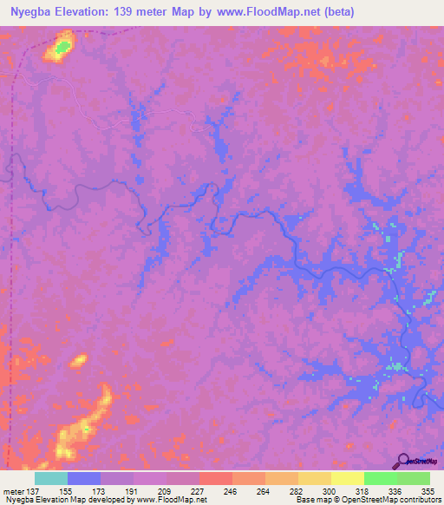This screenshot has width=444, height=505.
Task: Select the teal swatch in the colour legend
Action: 51,478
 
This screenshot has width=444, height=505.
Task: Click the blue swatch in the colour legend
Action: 84,478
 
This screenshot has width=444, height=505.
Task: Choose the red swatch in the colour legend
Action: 215,478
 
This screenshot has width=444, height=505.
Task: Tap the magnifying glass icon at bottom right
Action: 402,461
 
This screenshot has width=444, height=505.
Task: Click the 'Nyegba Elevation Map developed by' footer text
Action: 69,501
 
